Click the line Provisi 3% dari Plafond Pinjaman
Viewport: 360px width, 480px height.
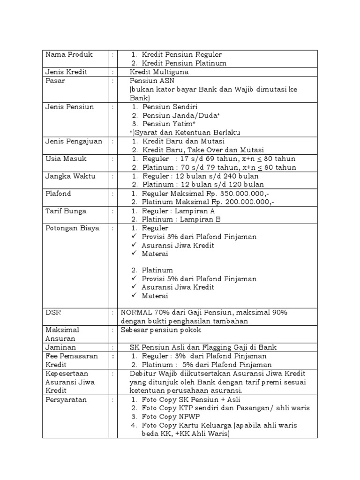tap(199, 237)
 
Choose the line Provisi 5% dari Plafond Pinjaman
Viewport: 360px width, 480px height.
tap(199, 279)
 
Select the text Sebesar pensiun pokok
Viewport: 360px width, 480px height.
tap(161, 330)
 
